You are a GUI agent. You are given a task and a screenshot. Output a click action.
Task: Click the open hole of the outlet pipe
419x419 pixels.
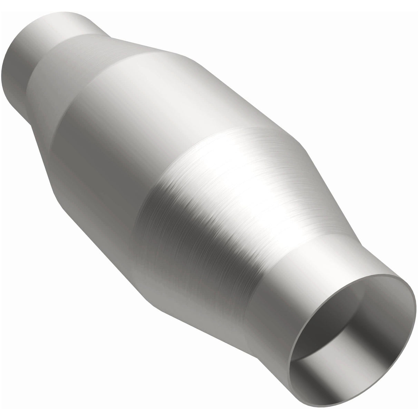pos(349,331)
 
